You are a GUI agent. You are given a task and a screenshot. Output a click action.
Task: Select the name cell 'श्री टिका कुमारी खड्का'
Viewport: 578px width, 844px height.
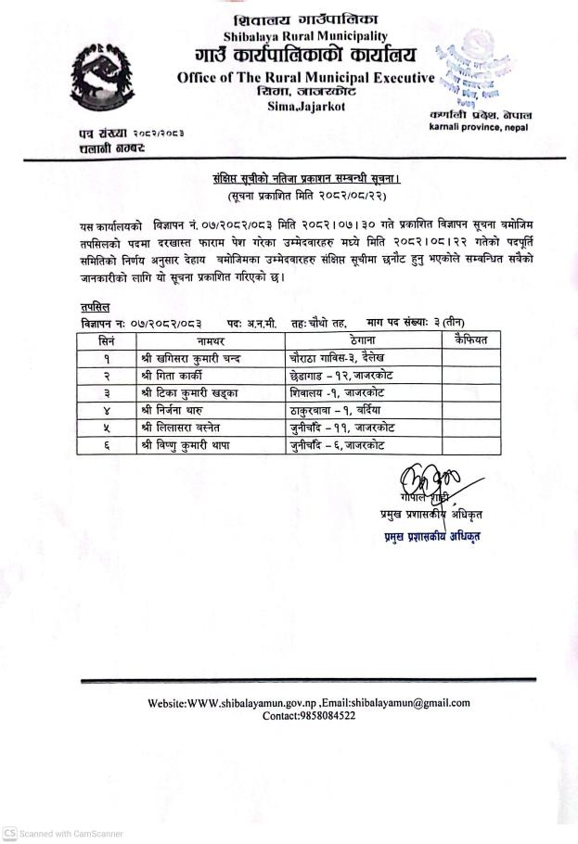coord(195,393)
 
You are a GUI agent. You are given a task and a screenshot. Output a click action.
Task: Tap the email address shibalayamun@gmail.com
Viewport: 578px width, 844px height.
coord(402,703)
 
